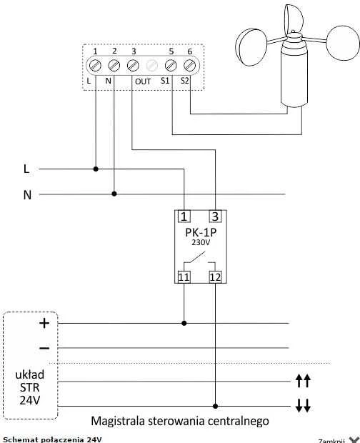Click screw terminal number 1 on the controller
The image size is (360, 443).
coord(95,66)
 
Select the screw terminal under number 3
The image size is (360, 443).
coord(133,66)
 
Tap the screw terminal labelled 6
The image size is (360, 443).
coord(189,66)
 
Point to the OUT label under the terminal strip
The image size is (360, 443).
coord(143,81)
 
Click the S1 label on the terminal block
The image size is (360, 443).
coord(165,81)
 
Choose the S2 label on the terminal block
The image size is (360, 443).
coord(185,81)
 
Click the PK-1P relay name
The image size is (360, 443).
coord(201,232)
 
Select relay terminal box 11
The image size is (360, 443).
coord(184,277)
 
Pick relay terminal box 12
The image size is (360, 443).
coord(215,277)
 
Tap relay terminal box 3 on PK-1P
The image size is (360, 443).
coord(215,216)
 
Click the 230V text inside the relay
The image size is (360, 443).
coord(201,242)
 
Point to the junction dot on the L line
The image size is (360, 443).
coord(96,169)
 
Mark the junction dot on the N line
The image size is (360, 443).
coord(114,194)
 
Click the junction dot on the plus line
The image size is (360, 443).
coord(184,323)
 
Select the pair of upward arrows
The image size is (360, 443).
coord(303,381)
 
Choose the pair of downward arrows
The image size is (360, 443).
coord(303,405)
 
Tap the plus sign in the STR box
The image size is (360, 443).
coord(44,323)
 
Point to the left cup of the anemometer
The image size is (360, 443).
coord(251,47)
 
